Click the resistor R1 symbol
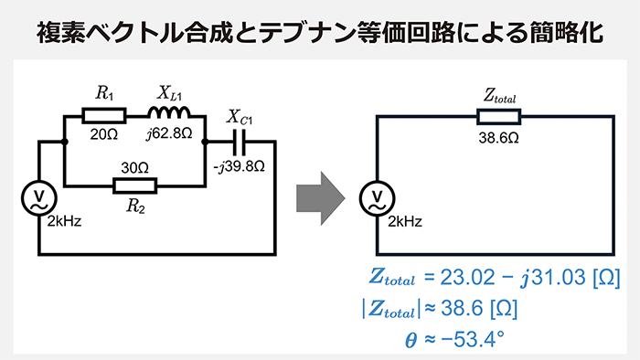pyautogui.click(x=103, y=115)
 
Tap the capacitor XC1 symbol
pyautogui.click(x=240, y=142)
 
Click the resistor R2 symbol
pyautogui.click(x=134, y=185)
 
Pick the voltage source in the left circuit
pyautogui.click(x=39, y=197)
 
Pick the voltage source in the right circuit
pyautogui.click(x=377, y=197)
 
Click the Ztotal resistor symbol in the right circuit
pyautogui.click(x=499, y=115)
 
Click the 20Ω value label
pyautogui.click(x=102, y=133)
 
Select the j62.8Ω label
pyautogui.click(x=169, y=133)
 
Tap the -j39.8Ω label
pyautogui.click(x=240, y=166)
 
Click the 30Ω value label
pyautogui.click(x=135, y=168)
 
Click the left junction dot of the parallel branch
pyautogui.click(x=63, y=142)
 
